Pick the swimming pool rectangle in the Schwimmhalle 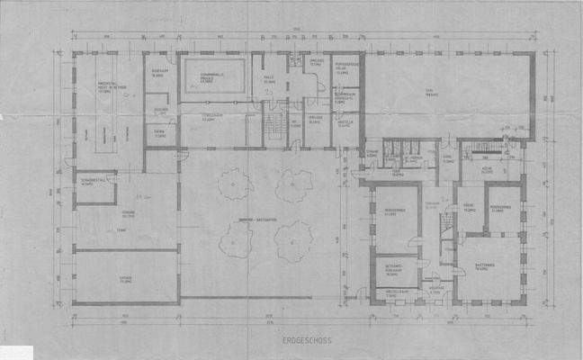pyautogui.click(x=215, y=79)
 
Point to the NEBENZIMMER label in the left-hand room pyautogui.click(x=391, y=214)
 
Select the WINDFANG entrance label pyautogui.click(x=434, y=290)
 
